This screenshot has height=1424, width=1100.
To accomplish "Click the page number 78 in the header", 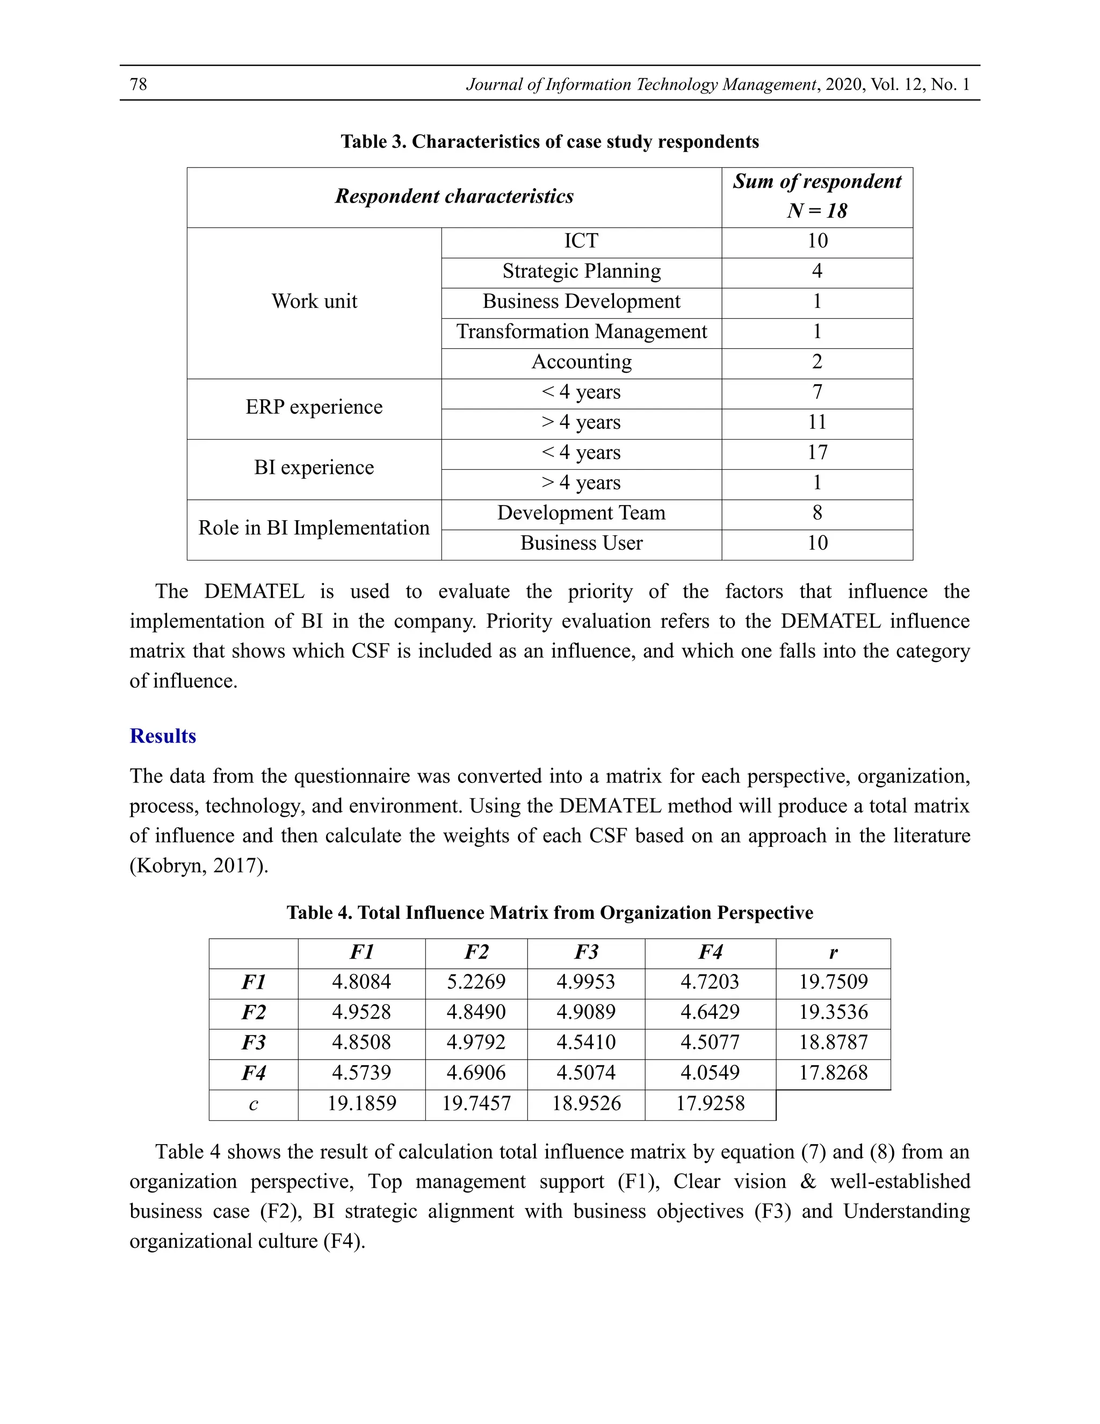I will [x=138, y=84].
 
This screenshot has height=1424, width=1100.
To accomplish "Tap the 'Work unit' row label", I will [x=314, y=301].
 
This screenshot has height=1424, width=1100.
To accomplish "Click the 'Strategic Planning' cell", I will [x=581, y=271].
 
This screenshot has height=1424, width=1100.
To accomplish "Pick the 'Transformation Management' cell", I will [x=581, y=332].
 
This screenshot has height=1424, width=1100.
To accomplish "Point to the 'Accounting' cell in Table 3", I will [x=581, y=362].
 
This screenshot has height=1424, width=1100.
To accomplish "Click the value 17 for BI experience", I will [x=816, y=452].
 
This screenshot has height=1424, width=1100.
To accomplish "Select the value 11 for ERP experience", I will [x=816, y=422].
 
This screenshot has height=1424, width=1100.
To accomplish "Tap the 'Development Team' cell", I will [x=581, y=513].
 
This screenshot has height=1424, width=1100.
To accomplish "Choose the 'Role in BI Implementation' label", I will [x=314, y=528].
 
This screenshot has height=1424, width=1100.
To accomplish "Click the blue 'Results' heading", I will [x=163, y=736].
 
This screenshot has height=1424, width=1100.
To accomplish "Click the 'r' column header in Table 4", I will [x=833, y=953].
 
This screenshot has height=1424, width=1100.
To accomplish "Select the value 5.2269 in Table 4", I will [x=476, y=982].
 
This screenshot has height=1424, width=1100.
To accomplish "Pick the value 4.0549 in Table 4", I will [x=710, y=1073].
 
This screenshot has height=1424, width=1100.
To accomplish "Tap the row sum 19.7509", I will [x=833, y=982].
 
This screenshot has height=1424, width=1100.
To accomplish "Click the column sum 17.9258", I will [x=710, y=1103].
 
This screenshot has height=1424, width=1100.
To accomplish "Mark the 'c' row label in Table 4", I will [x=253, y=1104].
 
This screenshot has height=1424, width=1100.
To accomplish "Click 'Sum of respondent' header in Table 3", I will [x=816, y=181].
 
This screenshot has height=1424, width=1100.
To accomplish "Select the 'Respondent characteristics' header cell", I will [x=454, y=197].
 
